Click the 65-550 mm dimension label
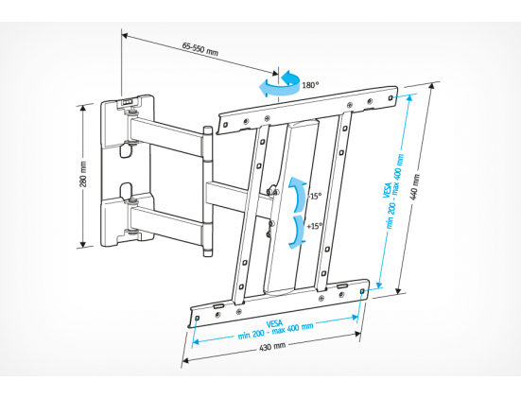coord(200,49)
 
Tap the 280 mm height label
coord(83,174)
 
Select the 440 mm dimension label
coord(415,187)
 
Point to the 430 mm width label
coord(272,347)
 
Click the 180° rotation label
coord(310,85)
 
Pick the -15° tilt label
coord(315,197)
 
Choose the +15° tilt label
coord(314,226)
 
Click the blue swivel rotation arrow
coord(280,85)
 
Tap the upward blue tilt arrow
coord(298,195)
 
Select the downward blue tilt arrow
coord(298,233)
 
